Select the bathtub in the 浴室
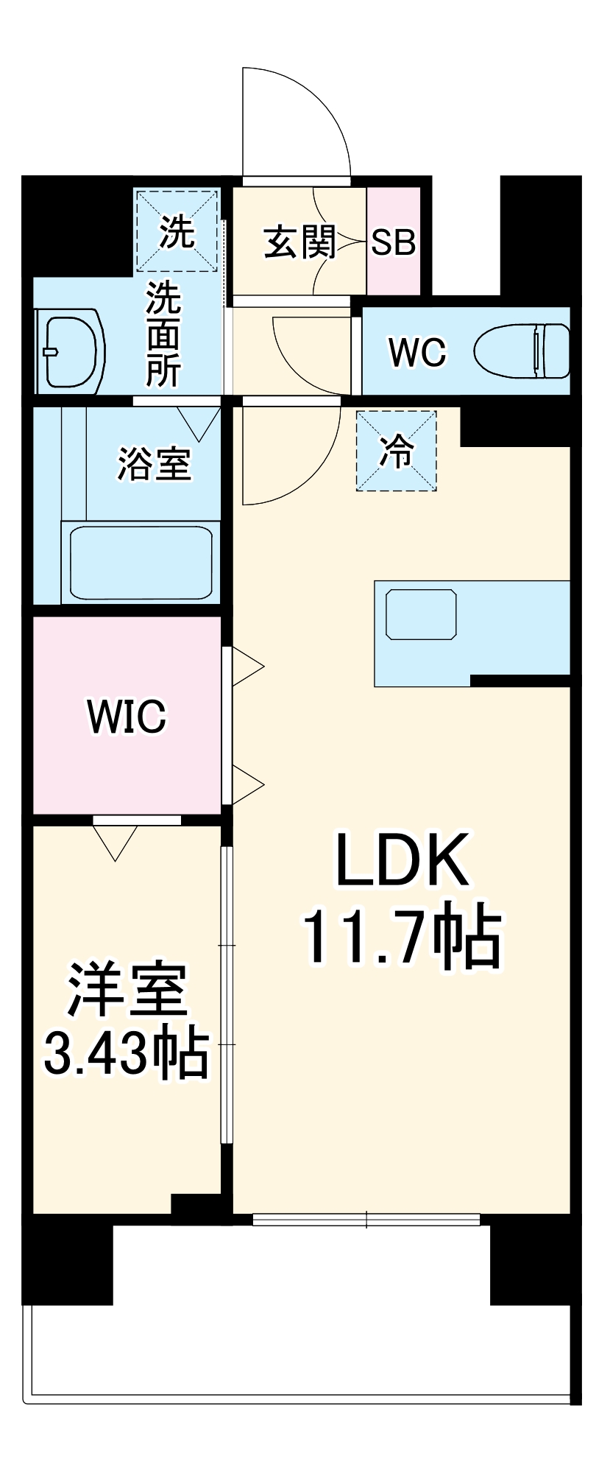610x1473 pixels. [141, 562]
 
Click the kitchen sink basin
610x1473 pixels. [421, 614]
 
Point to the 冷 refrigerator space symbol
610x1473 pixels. [397, 451]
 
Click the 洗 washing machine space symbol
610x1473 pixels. [177, 231]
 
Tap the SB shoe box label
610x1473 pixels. [393, 242]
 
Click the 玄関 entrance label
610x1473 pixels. [299, 242]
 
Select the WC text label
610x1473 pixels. [417, 352]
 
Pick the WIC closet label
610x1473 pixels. [127, 716]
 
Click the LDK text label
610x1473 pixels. [402, 860]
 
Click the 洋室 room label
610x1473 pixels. [127, 991]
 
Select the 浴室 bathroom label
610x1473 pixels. [155, 464]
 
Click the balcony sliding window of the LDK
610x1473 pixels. [366, 1220]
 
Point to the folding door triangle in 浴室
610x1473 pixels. [198, 422]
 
